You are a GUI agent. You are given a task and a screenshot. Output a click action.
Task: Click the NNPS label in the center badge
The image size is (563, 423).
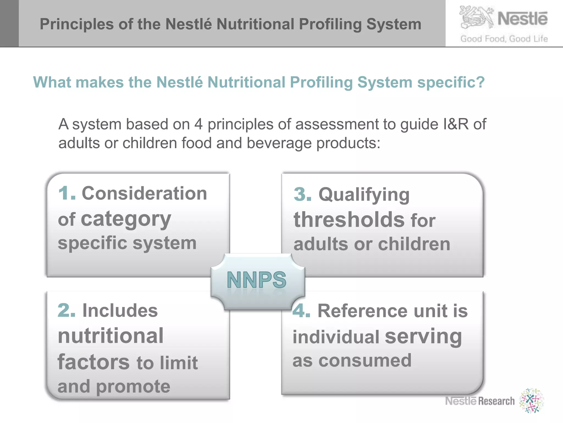click(257, 280)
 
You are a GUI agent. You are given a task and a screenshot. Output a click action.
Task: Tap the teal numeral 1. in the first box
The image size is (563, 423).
click(67, 193)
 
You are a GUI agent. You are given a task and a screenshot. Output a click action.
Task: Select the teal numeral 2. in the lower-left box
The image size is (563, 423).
click(66, 310)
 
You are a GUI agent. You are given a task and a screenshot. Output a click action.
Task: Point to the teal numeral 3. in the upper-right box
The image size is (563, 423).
click(302, 194)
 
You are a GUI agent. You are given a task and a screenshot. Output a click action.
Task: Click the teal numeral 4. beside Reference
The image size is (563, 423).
click(301, 311)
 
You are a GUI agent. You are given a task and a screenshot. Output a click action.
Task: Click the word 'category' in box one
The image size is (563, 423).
click(126, 219)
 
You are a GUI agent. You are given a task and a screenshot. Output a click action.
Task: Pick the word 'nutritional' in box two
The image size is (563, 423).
click(111, 336)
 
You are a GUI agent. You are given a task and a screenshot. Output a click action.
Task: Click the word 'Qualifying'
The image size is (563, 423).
click(364, 195)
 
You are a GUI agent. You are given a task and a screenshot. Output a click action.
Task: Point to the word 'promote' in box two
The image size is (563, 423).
click(133, 387)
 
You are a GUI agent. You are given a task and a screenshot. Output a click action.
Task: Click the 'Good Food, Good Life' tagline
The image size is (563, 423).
click(504, 39)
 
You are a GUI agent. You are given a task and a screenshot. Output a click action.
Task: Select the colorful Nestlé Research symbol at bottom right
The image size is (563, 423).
click(531, 401)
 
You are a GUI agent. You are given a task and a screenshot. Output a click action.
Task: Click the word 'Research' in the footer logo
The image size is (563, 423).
click(496, 401)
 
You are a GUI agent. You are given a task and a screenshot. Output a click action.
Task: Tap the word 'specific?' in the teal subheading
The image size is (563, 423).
click(451, 82)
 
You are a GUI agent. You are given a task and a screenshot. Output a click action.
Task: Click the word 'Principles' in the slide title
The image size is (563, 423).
click(77, 24)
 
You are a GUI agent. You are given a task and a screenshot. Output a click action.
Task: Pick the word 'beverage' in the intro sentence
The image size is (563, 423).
click(279, 143)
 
